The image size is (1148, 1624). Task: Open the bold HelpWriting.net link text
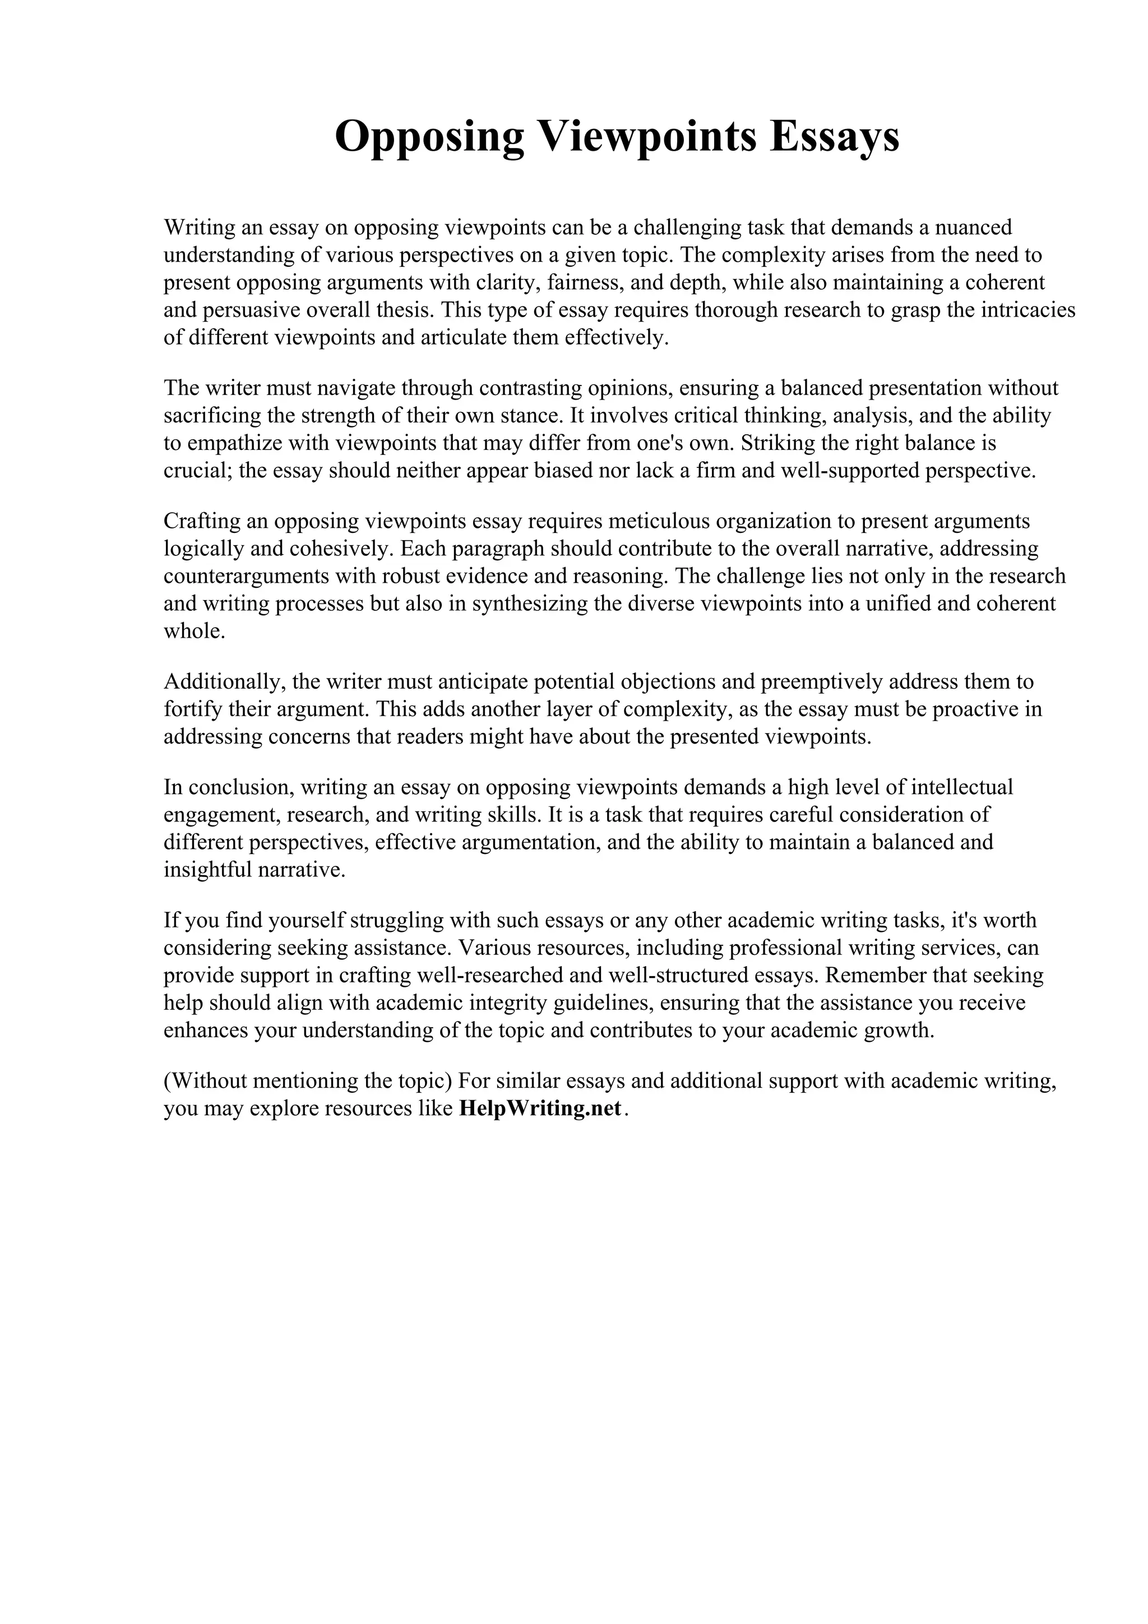pos(540,1108)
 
